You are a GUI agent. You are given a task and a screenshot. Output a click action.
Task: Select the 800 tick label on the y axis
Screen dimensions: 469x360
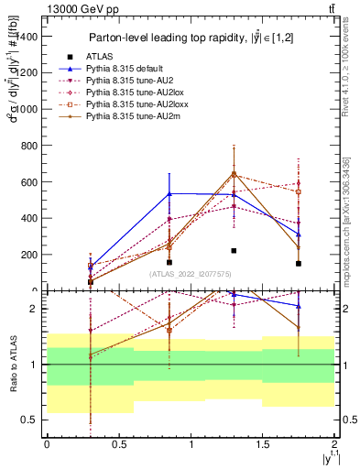tap(29, 146)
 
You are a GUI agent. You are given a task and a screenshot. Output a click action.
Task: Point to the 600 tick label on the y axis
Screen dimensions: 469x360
tap(29, 182)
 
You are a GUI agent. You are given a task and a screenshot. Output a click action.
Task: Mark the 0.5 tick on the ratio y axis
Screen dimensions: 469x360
tap(33, 420)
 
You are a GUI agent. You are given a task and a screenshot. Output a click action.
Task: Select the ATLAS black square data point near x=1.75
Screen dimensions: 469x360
tap(299, 264)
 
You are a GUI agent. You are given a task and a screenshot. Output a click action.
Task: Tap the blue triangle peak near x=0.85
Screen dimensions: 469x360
tap(169, 193)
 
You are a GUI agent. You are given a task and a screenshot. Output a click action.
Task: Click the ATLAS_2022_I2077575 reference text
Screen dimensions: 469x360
tap(191, 273)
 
